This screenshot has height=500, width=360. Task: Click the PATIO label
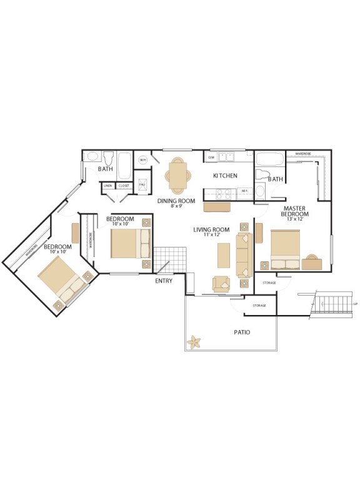[x=242, y=332]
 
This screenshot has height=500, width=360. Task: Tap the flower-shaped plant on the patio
[x=195, y=342]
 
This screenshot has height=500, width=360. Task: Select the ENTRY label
[x=164, y=281]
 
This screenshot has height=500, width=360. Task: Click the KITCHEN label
[x=225, y=176]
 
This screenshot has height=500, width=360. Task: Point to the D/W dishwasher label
[x=211, y=157]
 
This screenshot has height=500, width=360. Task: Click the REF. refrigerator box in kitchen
[x=244, y=191]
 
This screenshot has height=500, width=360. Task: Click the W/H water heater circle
[x=142, y=160]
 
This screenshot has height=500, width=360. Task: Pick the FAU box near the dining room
[x=142, y=186]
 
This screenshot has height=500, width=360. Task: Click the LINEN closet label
[x=107, y=186]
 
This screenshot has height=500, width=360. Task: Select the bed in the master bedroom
[x=285, y=249]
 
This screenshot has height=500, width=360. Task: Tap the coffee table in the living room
[x=224, y=255]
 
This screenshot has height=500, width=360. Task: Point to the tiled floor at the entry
[x=170, y=259]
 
